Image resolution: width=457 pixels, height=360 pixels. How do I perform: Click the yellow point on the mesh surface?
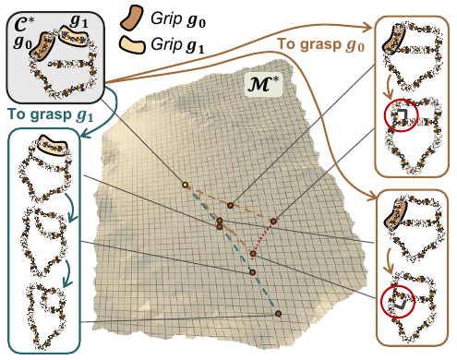(x=185, y=185)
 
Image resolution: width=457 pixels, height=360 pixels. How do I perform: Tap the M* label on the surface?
(x=263, y=84)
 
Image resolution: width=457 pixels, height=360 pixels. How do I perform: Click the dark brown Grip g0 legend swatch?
(x=131, y=18)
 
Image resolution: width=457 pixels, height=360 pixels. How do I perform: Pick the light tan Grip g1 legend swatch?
(x=132, y=45)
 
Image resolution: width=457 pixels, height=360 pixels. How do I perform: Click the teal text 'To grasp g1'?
(x=50, y=114)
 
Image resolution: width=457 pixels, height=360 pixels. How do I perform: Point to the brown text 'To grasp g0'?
(x=321, y=44)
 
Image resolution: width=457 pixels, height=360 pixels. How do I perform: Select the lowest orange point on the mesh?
(x=278, y=314)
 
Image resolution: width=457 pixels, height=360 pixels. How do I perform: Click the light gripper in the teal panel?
(x=52, y=146)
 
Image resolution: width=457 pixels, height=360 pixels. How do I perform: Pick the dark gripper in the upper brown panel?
(x=394, y=39)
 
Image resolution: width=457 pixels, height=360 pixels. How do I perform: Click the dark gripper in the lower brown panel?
(x=396, y=214)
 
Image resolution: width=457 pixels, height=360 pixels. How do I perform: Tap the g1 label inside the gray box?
(x=78, y=21)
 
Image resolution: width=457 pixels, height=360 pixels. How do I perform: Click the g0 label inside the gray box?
(x=22, y=42)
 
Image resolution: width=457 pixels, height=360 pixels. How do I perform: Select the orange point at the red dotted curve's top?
(x=273, y=221)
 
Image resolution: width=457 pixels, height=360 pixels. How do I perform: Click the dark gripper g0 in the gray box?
(x=42, y=47)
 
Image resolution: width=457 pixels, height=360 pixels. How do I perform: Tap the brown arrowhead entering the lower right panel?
(x=372, y=196)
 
